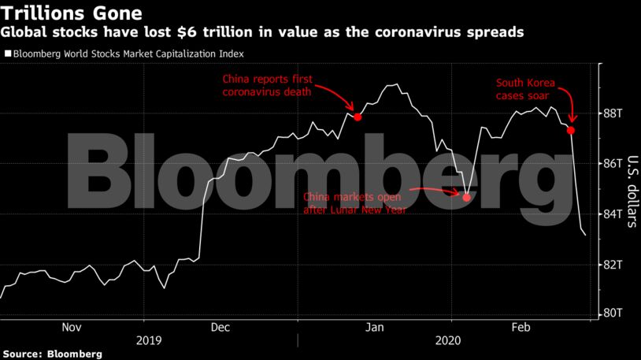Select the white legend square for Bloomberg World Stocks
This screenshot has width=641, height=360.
tap(8, 54)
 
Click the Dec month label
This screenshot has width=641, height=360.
tap(220, 327)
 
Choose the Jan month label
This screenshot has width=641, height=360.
tap(376, 327)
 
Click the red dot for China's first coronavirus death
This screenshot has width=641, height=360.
tap(358, 117)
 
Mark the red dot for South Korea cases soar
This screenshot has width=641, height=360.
tap(571, 130)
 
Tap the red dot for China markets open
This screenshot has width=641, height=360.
tap(466, 198)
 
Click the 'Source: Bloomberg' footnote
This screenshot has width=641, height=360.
tap(52, 354)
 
